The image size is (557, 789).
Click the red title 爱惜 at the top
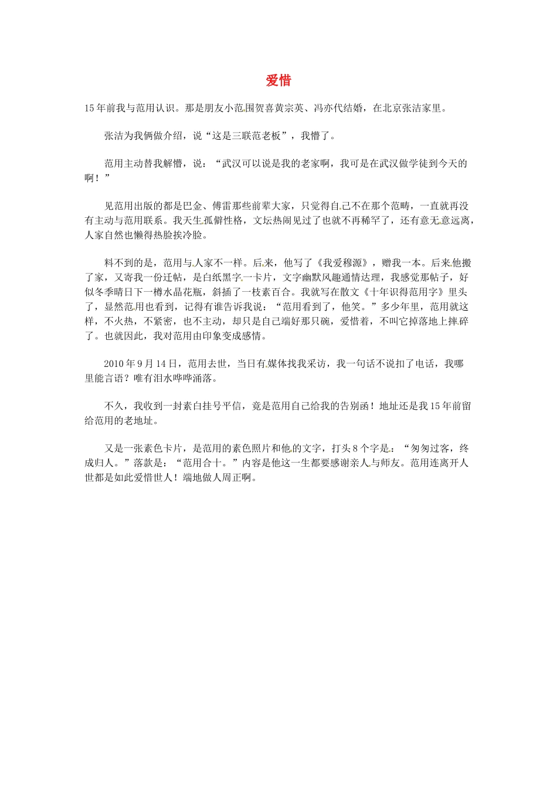click(x=278, y=81)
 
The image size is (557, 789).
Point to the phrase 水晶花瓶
click(x=213, y=292)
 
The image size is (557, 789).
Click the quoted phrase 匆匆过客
click(x=430, y=449)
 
